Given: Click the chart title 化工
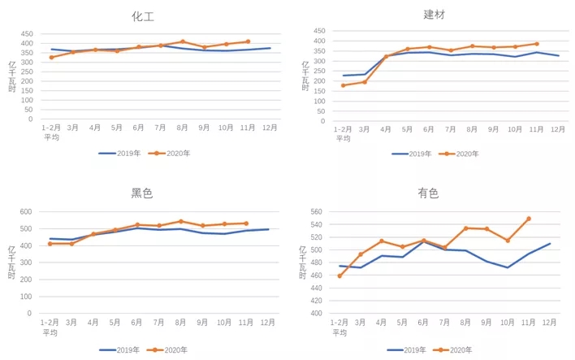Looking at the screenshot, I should point(143,16).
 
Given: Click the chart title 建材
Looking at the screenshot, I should point(434,15).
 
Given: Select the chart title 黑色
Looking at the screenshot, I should point(142,193).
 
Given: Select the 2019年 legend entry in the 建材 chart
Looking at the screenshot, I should point(412,154).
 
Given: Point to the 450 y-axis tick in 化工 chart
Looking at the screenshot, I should point(27,34).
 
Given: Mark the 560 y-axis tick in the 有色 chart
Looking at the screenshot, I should point(316,211).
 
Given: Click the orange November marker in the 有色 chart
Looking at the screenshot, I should point(529,219).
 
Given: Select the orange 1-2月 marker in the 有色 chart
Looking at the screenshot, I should point(339,275).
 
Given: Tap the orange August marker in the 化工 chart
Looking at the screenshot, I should point(183,41).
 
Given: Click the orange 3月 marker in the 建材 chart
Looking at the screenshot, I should point(365,81).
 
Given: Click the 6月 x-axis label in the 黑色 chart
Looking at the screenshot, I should point(137,323).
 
